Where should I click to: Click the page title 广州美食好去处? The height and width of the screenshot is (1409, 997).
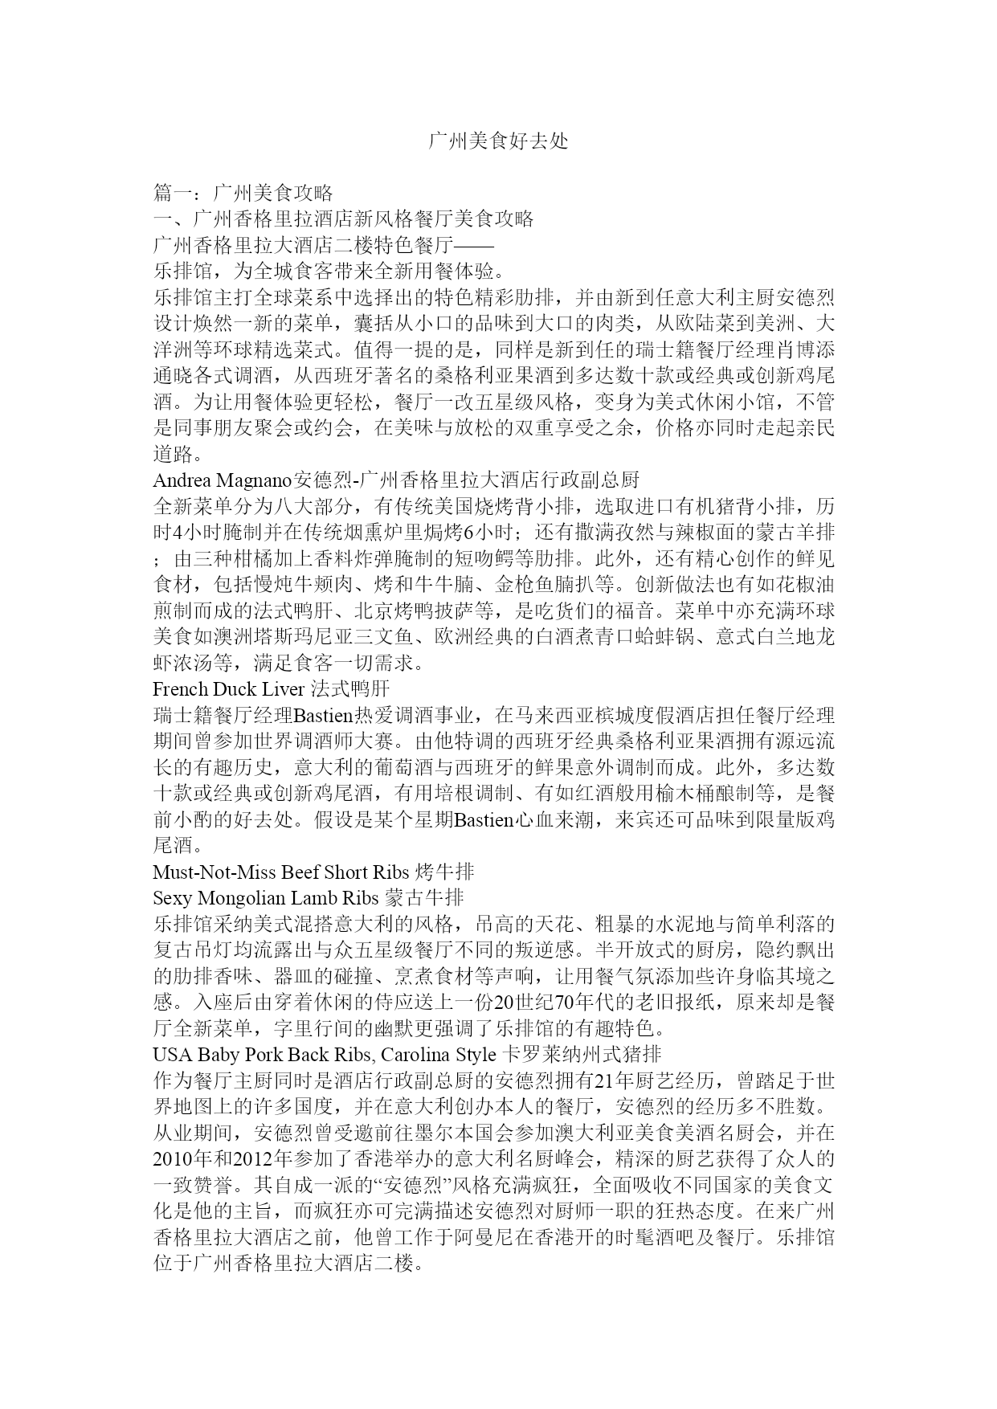click(x=498, y=141)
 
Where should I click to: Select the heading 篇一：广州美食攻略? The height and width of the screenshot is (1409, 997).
click(x=243, y=193)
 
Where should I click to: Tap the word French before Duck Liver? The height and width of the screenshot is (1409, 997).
click(x=180, y=689)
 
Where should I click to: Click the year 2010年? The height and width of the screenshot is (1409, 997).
click(x=183, y=1159)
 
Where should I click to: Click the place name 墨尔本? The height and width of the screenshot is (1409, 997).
click(x=431, y=1133)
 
